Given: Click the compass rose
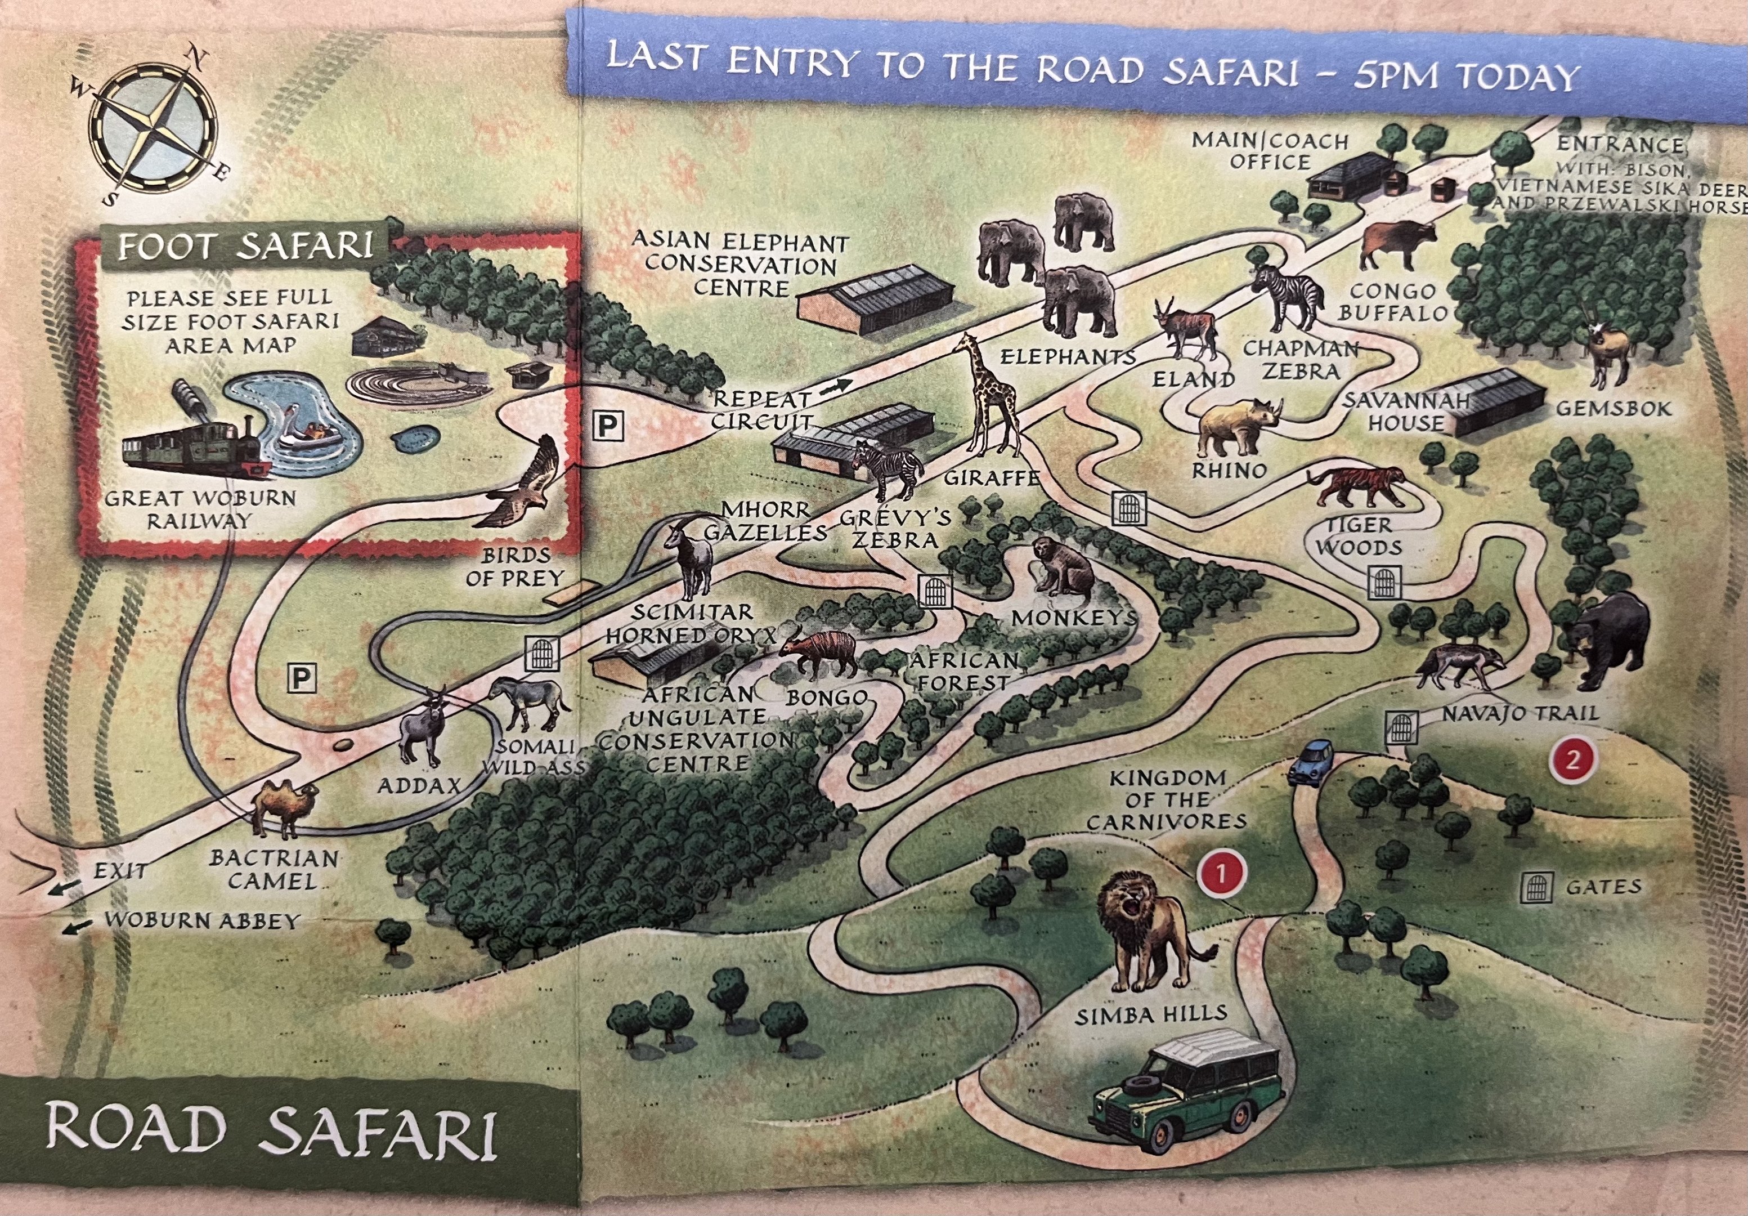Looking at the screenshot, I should click(x=153, y=127).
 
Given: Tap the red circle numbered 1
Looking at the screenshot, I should click(x=1221, y=873).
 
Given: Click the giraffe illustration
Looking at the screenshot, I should click(x=990, y=396).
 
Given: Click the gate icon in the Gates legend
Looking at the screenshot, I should click(x=1536, y=887).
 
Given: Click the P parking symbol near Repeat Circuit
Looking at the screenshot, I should click(x=607, y=426).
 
